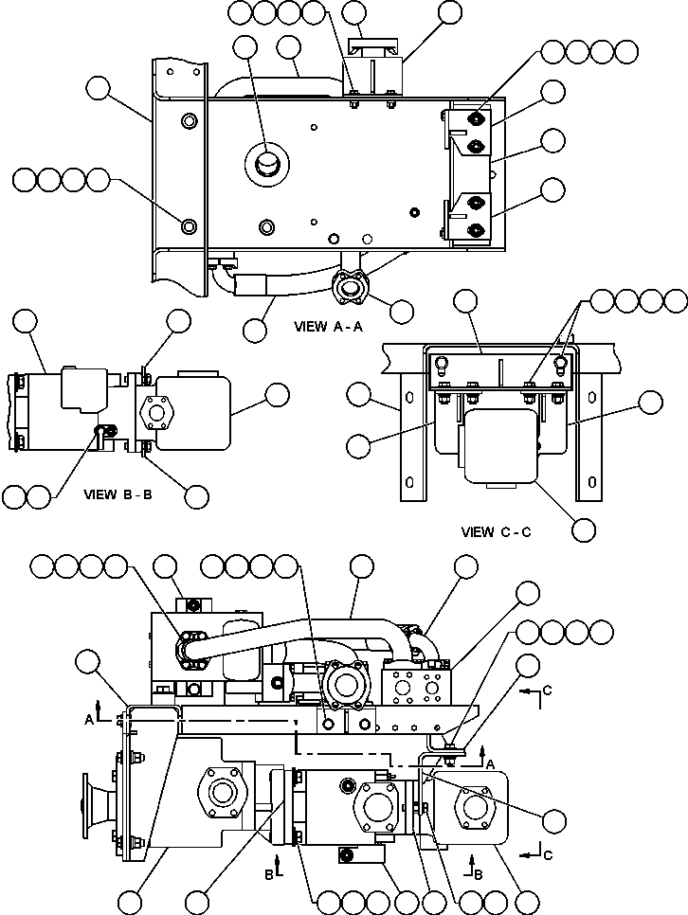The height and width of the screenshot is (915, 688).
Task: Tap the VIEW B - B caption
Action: (118, 493)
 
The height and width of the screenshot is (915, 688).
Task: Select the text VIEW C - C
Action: (496, 531)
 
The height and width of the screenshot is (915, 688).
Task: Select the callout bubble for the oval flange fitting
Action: (401, 311)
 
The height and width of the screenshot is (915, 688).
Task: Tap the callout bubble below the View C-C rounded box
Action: (585, 528)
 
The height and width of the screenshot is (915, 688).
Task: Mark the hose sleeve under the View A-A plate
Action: (252, 281)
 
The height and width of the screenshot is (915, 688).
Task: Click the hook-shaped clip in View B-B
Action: (98, 433)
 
